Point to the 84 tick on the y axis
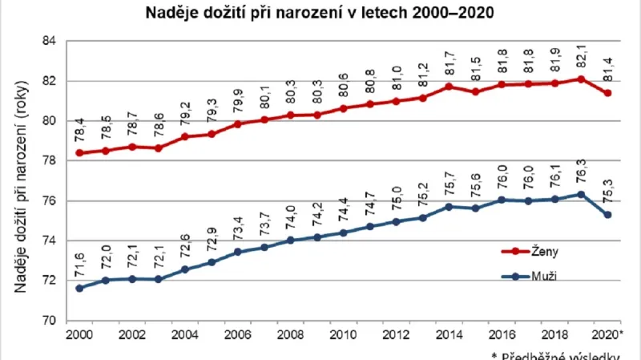[x=50, y=42]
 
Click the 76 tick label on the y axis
[x=50, y=201]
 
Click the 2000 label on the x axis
[x=79, y=334]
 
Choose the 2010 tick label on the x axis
[x=343, y=334]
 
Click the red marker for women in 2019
[x=581, y=79]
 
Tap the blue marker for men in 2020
[x=607, y=215]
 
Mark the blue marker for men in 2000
[x=79, y=288]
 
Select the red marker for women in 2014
[x=449, y=87]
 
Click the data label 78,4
[x=79, y=131]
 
